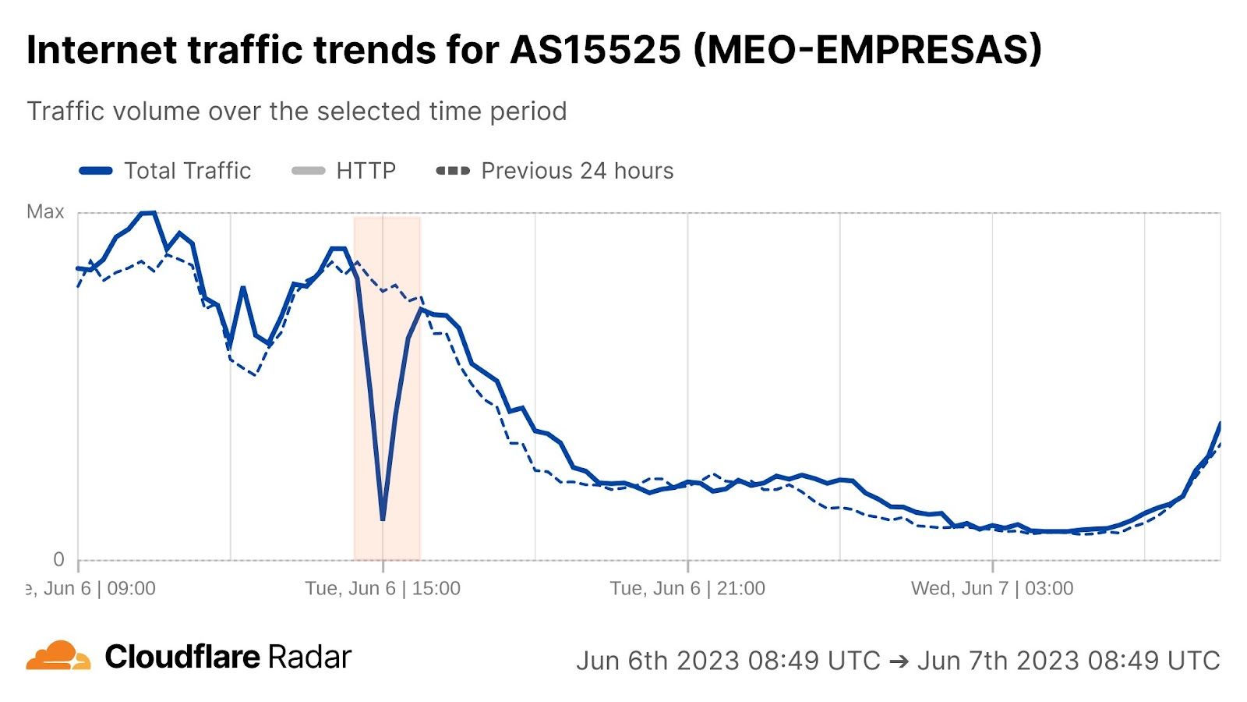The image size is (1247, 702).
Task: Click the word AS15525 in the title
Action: [595, 50]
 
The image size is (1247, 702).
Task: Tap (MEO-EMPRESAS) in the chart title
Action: [867, 50]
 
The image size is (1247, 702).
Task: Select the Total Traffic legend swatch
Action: [96, 171]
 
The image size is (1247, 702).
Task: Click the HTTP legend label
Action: [366, 171]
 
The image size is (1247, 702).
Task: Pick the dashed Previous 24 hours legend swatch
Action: [453, 171]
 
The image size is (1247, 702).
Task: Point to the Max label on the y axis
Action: [45, 212]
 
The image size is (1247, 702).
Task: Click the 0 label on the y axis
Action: [58, 559]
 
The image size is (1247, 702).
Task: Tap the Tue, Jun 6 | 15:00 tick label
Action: [383, 588]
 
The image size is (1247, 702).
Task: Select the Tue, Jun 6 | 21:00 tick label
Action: [687, 588]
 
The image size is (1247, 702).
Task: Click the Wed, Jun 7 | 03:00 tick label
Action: [992, 588]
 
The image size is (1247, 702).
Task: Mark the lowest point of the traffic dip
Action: [383, 519]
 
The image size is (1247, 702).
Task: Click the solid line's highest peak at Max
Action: [148, 212]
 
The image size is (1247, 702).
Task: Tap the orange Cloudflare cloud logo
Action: [58, 656]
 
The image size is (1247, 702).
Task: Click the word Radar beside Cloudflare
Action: [310, 657]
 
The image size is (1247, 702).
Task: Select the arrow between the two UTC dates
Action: [899, 661]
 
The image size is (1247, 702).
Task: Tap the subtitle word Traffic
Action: [65, 112]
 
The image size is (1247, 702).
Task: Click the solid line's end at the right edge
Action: [1220, 424]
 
